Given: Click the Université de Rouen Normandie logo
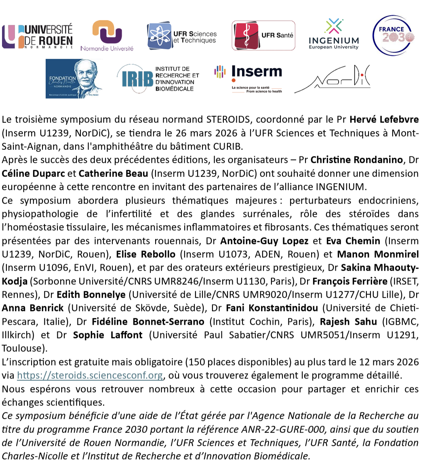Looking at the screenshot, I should [x=37, y=36].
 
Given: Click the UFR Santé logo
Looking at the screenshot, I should [x=263, y=36].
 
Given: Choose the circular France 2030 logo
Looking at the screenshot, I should [x=394, y=35].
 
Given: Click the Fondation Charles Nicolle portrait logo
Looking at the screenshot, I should [x=74, y=78].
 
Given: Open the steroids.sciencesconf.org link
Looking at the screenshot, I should [x=90, y=375].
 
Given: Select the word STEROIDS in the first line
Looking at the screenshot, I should [x=226, y=120].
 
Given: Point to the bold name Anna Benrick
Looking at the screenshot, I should [x=33, y=308].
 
